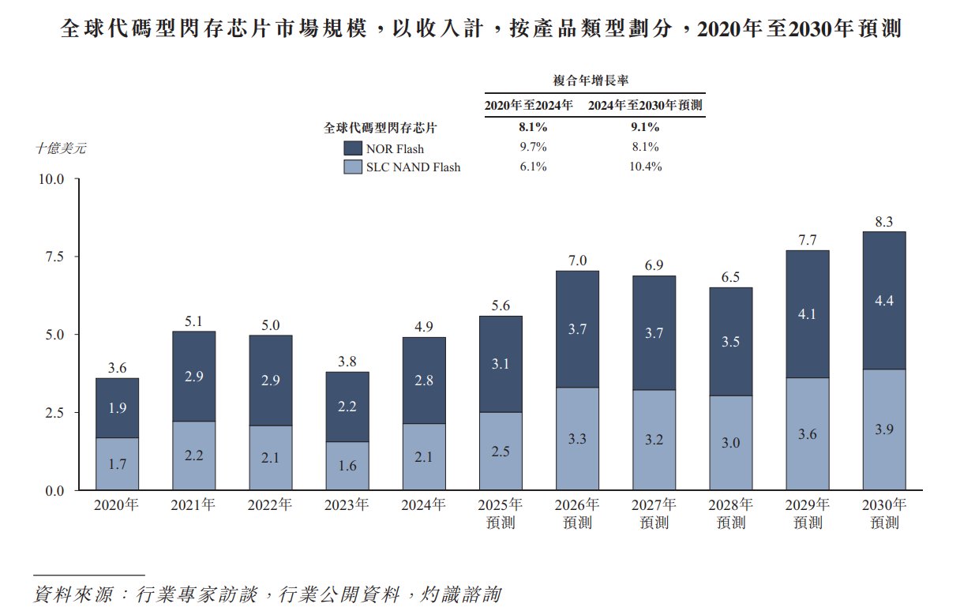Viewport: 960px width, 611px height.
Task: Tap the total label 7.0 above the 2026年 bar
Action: click(578, 260)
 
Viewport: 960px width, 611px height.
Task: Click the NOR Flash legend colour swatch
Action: click(353, 148)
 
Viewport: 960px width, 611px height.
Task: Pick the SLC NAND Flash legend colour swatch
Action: click(353, 167)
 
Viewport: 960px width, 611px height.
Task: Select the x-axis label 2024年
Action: click(424, 505)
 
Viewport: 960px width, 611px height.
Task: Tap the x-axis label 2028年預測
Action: click(731, 513)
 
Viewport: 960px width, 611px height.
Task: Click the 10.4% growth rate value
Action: click(645, 167)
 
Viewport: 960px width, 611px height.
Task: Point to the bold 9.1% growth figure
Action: click(645, 127)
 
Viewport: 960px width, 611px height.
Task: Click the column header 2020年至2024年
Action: click(528, 104)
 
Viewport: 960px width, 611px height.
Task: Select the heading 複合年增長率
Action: click(595, 80)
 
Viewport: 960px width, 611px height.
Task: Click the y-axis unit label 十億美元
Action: click(61, 148)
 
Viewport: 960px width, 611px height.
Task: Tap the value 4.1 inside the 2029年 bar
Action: click(808, 313)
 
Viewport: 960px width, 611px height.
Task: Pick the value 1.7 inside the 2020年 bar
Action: click(117, 464)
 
